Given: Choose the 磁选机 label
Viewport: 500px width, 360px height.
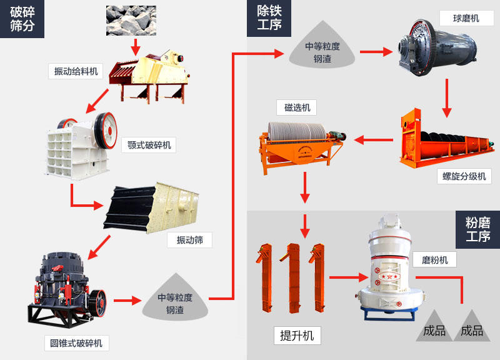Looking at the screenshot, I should [297, 107].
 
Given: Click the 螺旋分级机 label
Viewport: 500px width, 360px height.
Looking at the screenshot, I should [464, 176].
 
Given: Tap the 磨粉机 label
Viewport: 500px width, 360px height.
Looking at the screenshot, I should [434, 259].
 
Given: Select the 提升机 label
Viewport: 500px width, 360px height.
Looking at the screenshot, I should [297, 336].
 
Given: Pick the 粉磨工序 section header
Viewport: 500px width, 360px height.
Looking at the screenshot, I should [478, 229].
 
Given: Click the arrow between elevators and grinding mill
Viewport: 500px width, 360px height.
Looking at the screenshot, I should [347, 277].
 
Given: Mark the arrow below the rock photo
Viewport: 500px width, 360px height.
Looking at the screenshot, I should [135, 46].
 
